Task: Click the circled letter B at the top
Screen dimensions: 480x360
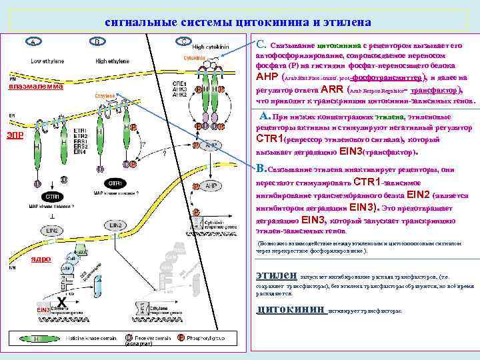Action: pyautogui.click(x=97, y=43)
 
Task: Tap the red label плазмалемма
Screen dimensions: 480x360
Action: pyautogui.click(x=35, y=87)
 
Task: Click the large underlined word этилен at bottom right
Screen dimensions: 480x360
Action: pyautogui.click(x=276, y=275)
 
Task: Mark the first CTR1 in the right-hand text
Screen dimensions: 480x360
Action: pyautogui.click(x=270, y=139)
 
